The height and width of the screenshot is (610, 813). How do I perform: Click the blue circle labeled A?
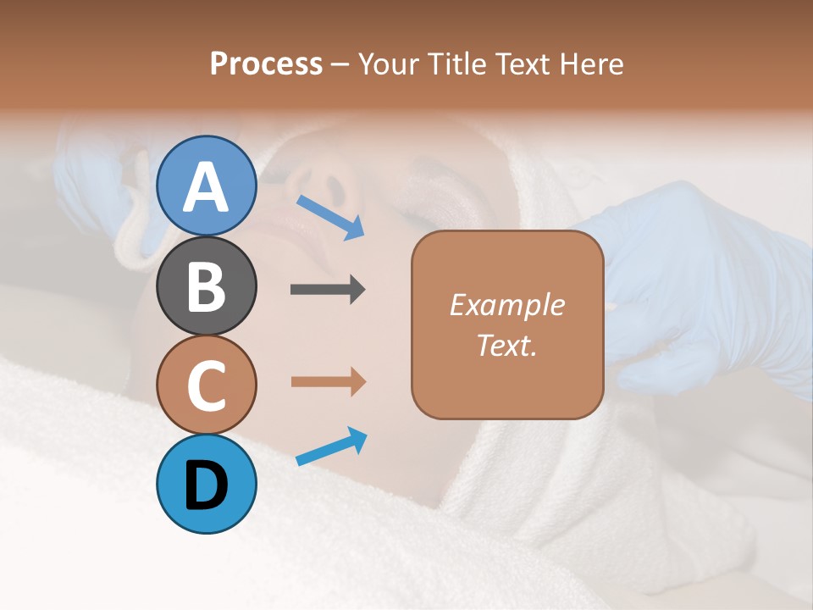click(207, 186)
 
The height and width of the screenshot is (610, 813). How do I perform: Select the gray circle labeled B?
click(207, 286)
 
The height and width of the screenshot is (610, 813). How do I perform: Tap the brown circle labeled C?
click(207, 385)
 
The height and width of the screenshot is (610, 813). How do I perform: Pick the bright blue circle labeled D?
click(207, 485)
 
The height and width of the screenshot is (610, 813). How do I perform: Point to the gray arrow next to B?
click(328, 290)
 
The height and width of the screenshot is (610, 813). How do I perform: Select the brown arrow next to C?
click(328, 382)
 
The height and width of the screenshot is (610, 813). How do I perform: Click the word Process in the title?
click(266, 64)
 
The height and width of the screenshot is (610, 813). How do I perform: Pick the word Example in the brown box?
click(507, 305)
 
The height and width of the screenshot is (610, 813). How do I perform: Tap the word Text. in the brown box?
click(507, 346)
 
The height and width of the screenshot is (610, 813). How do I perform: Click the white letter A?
click(207, 187)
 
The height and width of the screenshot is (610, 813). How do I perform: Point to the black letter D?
click(207, 485)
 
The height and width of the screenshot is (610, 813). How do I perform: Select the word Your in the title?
click(389, 64)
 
